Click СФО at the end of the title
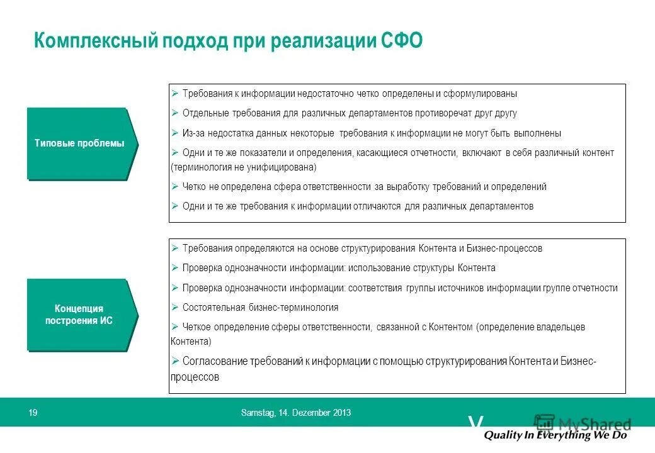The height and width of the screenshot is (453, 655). click(402, 42)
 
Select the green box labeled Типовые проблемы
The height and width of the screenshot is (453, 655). click(80, 143)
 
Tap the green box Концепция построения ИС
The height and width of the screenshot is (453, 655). click(80, 315)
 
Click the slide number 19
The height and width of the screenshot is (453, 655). click(33, 413)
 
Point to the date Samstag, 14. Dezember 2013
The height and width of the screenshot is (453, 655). click(296, 413)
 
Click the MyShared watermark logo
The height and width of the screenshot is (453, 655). click(583, 423)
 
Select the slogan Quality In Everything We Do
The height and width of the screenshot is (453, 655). click(555, 435)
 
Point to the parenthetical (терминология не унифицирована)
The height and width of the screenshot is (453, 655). click(243, 167)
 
